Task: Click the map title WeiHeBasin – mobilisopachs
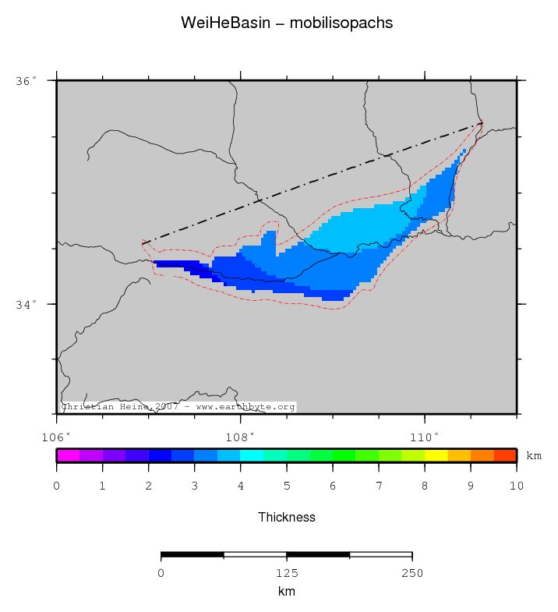tap(286, 23)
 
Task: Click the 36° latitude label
tap(27, 80)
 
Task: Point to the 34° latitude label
tap(27, 304)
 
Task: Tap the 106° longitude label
tap(57, 436)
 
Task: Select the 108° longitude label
tap(240, 436)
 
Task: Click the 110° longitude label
tap(425, 436)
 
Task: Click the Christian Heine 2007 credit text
tap(178, 407)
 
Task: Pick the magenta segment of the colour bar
tap(68, 455)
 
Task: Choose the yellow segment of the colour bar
tap(436, 455)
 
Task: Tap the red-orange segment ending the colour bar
tap(505, 455)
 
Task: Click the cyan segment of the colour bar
tap(252, 455)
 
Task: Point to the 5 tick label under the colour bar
tap(287, 486)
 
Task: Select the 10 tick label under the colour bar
tap(517, 486)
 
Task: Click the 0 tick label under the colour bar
tap(57, 486)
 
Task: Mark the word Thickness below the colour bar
tap(286, 517)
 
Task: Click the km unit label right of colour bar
tap(533, 456)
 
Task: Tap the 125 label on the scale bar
tap(286, 573)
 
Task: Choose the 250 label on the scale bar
tap(411, 573)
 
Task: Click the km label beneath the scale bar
tap(286, 592)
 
